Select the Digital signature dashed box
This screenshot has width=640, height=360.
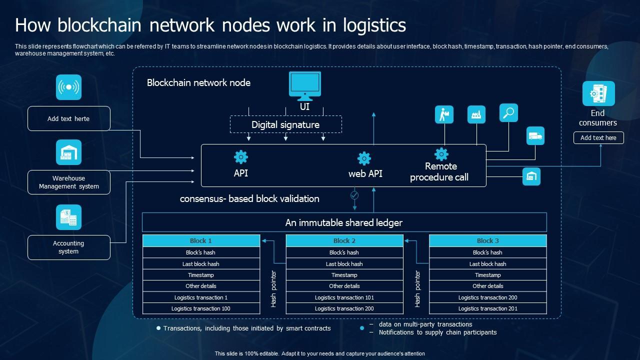pyautogui.click(x=285, y=124)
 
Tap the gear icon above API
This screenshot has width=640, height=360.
pyautogui.click(x=241, y=157)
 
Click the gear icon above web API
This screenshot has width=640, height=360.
pyautogui.click(x=364, y=158)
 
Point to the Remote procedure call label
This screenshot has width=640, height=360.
pyautogui.click(x=439, y=171)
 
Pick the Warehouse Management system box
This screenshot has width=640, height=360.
pyautogui.click(x=68, y=182)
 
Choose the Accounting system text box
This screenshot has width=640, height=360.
pyautogui.click(x=68, y=247)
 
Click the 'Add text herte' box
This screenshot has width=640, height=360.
pyautogui.click(x=68, y=118)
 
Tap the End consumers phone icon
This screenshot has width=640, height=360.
pyautogui.click(x=598, y=93)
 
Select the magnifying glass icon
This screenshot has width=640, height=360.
pyautogui.click(x=508, y=113)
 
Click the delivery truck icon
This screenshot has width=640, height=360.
pyautogui.click(x=535, y=135)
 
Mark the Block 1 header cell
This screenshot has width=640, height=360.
pyautogui.click(x=201, y=240)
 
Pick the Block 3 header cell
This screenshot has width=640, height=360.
pyautogui.click(x=487, y=240)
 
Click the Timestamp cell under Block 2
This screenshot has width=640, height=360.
pyautogui.click(x=344, y=275)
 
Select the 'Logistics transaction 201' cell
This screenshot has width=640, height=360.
pyautogui.click(x=487, y=308)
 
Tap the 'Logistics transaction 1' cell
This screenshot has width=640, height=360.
pyautogui.click(x=201, y=297)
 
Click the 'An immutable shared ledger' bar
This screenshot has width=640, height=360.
pyautogui.click(x=344, y=222)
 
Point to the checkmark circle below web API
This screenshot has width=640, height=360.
pyautogui.click(x=354, y=194)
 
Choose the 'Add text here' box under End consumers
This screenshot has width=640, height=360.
pyautogui.click(x=598, y=137)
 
